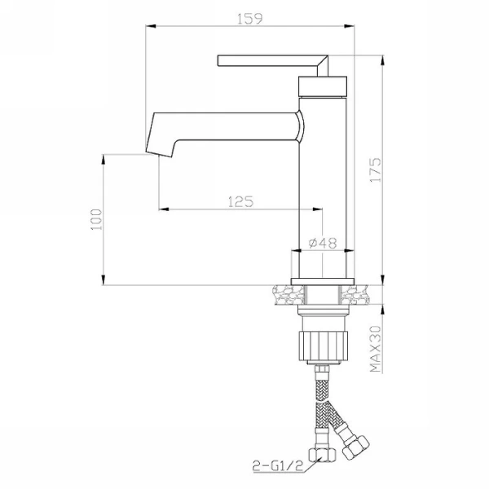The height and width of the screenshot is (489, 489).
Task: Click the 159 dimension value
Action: [x=250, y=19]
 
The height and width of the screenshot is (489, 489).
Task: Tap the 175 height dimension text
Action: [x=376, y=170]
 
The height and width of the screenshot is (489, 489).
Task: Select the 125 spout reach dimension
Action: [x=240, y=201]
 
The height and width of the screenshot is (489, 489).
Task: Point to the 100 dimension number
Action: [x=96, y=219]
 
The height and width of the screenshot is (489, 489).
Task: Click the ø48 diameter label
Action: [x=323, y=243]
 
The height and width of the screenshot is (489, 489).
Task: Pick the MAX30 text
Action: [x=376, y=349]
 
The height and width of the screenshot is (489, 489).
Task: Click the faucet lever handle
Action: [x=273, y=61]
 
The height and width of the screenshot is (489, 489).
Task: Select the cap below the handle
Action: [x=323, y=86]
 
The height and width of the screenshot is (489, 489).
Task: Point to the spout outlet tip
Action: [x=159, y=154]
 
